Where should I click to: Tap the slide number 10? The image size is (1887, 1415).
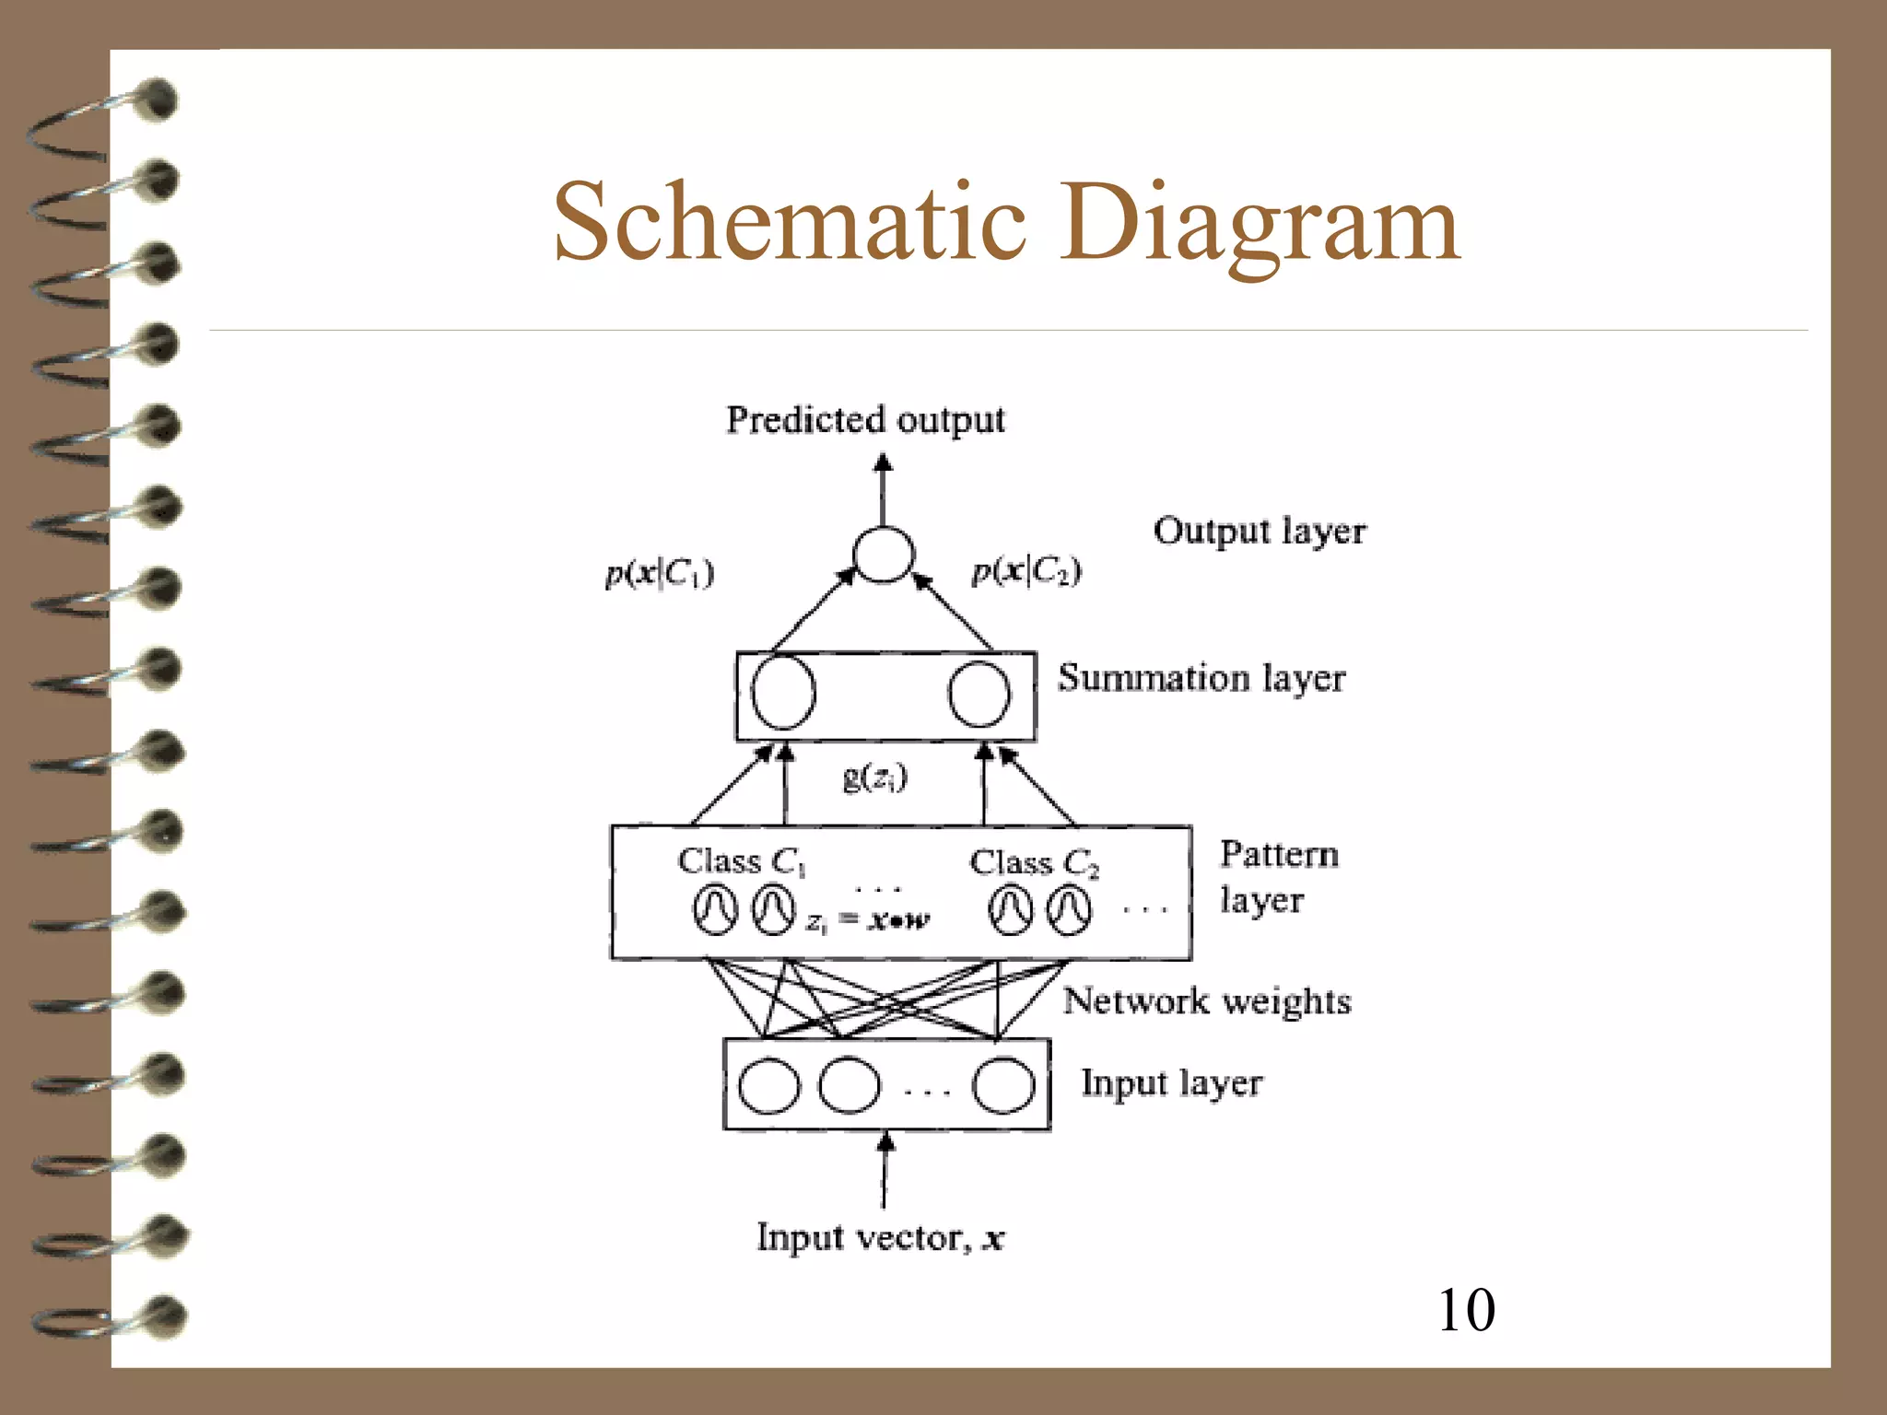[1466, 1309]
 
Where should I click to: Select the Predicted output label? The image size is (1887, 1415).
[865, 420]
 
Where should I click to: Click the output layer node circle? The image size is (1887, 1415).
[883, 555]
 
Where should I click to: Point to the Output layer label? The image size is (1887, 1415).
[1259, 532]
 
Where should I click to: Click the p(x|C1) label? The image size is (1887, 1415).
[659, 573]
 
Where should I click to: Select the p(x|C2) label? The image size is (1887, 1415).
[1026, 571]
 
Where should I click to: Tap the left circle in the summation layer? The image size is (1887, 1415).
[783, 693]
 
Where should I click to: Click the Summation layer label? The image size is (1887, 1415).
[1201, 679]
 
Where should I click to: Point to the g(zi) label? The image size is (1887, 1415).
[874, 778]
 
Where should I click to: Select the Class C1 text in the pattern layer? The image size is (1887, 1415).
[742, 861]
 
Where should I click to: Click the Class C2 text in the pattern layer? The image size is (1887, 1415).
[1034, 863]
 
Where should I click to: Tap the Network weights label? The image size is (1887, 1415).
[1206, 1001]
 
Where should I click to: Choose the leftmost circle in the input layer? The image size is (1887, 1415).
[769, 1085]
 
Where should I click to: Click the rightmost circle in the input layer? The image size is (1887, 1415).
[1003, 1085]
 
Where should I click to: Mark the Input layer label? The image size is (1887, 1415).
[1171, 1083]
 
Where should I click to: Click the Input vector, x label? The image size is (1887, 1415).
[880, 1237]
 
